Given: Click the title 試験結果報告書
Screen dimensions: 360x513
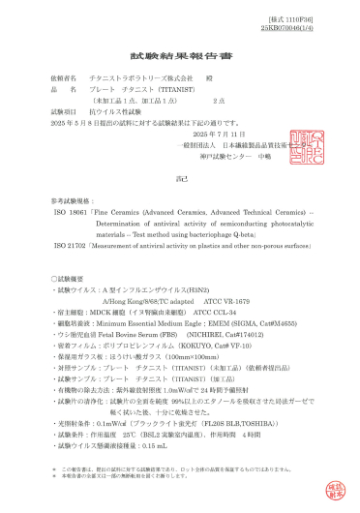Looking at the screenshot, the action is pos(178,58).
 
